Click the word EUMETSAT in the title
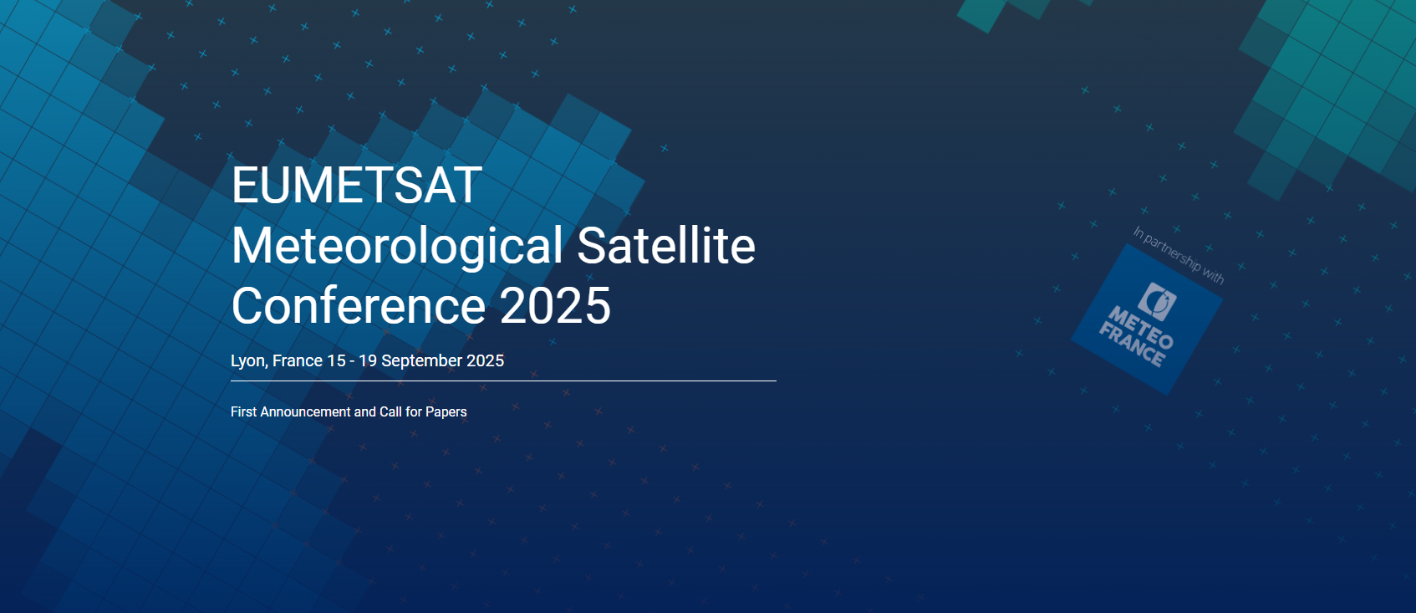(x=357, y=186)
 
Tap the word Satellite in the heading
(x=666, y=246)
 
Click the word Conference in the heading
(x=359, y=305)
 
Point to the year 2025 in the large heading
(x=555, y=305)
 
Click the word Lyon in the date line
(x=249, y=361)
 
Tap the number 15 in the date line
(x=336, y=360)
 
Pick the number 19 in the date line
(x=367, y=360)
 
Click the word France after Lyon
(x=298, y=360)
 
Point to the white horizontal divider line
(x=503, y=381)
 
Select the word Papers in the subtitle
(x=446, y=412)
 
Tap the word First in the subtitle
(x=243, y=411)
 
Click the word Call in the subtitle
(x=390, y=411)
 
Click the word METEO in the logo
(x=1141, y=327)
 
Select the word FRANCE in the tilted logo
(x=1131, y=345)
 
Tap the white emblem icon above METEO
(x=1158, y=301)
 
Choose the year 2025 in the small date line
(x=485, y=360)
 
